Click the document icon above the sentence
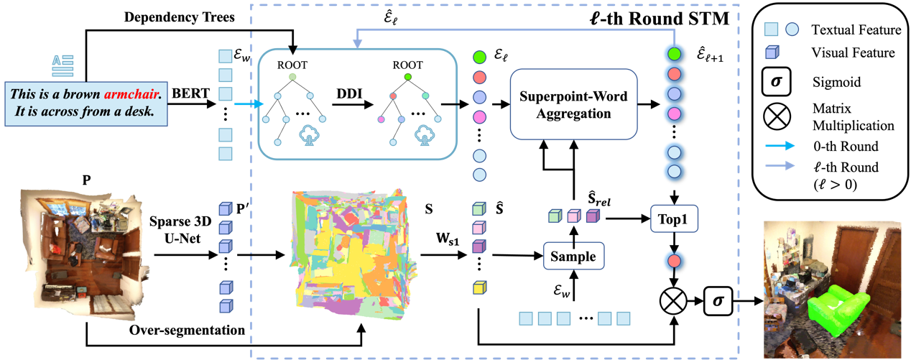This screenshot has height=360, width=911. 63,66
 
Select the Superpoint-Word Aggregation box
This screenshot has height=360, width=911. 573,104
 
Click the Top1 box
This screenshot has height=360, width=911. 674,219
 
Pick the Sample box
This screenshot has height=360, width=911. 573,256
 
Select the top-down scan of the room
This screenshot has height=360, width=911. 86,254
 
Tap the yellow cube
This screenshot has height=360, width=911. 479,287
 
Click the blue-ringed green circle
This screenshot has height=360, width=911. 674,54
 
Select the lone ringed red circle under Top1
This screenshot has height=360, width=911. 674,261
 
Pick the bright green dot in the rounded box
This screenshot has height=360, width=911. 408,77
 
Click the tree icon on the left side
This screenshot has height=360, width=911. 309,134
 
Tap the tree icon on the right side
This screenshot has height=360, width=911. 425,134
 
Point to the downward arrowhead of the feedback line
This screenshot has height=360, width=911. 356,45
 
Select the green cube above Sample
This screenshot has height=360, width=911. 555,216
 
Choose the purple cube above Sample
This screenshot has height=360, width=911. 592,216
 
